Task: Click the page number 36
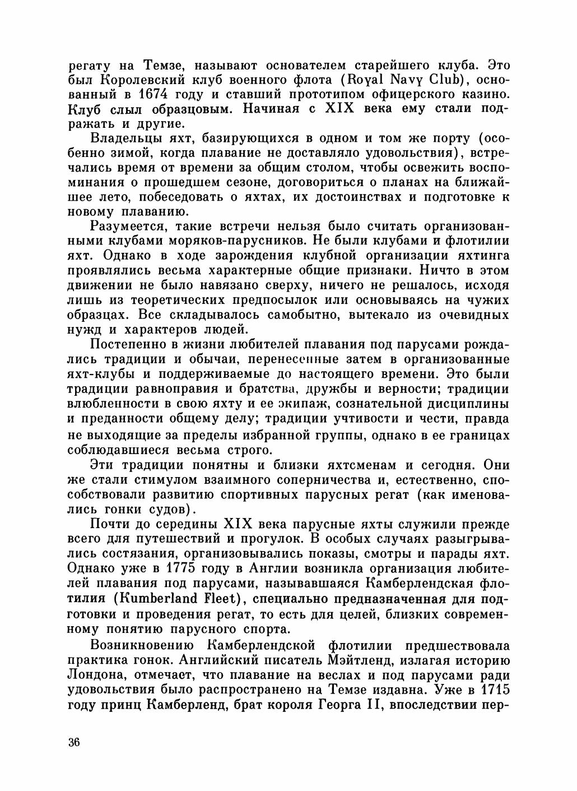point(74,743)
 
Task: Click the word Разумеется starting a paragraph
point(127,226)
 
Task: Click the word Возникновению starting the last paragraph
point(142,644)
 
